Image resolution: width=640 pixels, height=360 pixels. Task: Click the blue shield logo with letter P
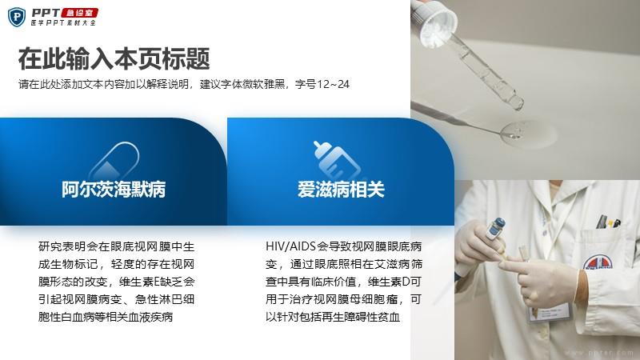click(17, 17)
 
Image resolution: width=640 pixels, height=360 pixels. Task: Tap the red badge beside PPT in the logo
click(79, 13)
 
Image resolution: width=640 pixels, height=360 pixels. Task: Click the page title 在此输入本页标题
click(114, 58)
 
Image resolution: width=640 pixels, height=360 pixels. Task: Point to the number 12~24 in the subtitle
click(333, 85)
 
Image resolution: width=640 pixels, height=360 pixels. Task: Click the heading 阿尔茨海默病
click(114, 190)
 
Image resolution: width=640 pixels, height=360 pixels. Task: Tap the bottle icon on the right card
click(336, 161)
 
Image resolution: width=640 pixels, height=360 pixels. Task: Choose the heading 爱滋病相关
click(341, 190)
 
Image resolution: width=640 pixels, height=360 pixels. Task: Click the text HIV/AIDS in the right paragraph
click(290, 246)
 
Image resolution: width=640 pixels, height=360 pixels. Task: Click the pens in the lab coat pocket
click(608, 222)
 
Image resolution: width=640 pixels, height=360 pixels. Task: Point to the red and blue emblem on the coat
click(598, 262)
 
